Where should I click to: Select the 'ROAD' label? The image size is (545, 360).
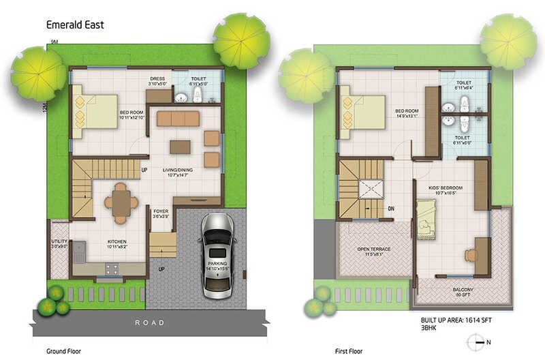(x=149, y=322)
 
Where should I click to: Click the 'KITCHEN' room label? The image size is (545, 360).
(x=118, y=242)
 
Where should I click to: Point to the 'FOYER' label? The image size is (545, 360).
(x=161, y=211)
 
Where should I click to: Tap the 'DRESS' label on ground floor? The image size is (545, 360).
(x=157, y=79)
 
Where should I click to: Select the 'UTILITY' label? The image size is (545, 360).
(x=59, y=242)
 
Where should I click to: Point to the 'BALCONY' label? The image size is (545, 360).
(x=463, y=289)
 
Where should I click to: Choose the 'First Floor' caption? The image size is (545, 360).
(x=349, y=351)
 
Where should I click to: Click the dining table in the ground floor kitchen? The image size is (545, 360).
(x=121, y=202)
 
